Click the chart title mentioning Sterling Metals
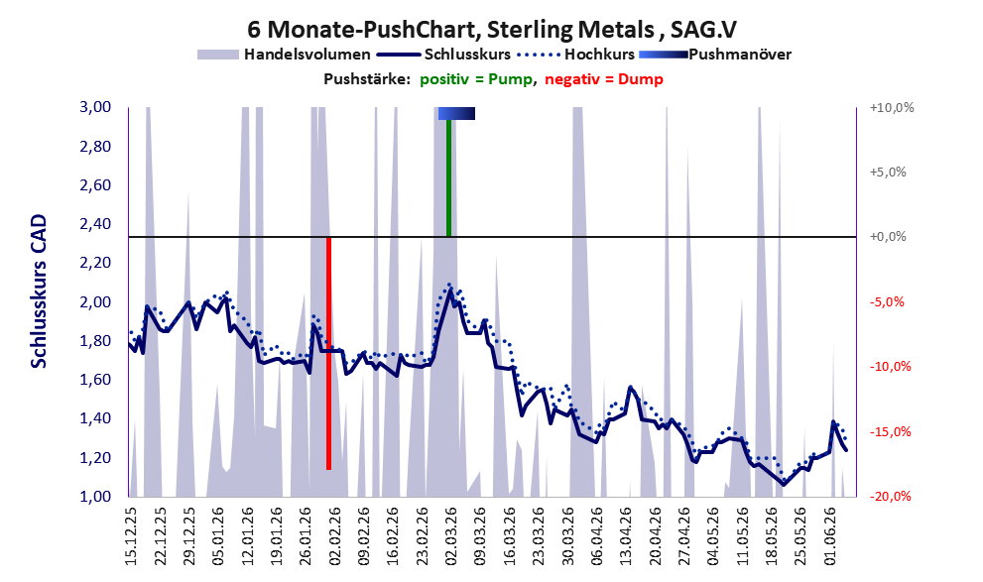[x=492, y=29]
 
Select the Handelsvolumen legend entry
[x=284, y=55]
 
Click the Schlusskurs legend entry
[x=444, y=55]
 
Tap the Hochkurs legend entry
[x=576, y=55]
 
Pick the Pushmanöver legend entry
[x=715, y=55]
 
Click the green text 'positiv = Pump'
[x=476, y=79]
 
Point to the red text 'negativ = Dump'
[x=604, y=79]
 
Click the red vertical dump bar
[x=328, y=353]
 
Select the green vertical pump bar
[x=448, y=177]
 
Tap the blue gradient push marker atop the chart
[x=456, y=113]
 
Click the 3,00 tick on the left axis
[x=95, y=107]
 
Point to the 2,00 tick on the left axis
[x=95, y=302]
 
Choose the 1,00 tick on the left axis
[x=95, y=496]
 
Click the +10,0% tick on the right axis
[x=892, y=108]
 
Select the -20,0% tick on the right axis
[x=890, y=496]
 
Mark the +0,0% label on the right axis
[x=888, y=237]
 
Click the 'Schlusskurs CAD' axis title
[x=39, y=291]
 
